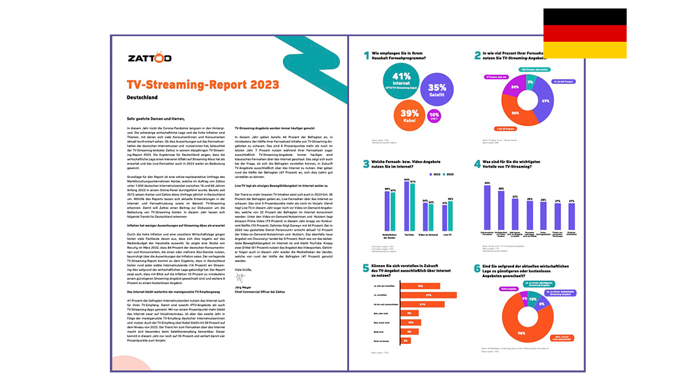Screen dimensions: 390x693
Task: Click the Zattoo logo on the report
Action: point(150,58)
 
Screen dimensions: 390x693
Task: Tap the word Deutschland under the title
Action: point(142,97)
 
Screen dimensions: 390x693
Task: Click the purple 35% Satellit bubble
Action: point(437,91)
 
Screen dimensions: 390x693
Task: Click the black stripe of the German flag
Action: point(584,16)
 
